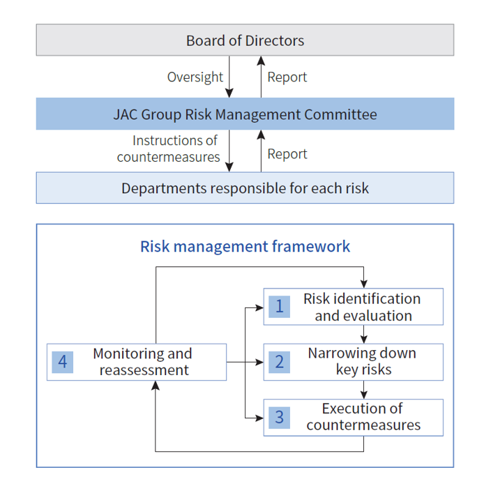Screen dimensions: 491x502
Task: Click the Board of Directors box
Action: pyautogui.click(x=245, y=40)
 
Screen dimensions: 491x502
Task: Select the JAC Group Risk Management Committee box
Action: pyautogui.click(x=245, y=114)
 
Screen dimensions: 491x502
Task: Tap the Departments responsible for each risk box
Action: pyautogui.click(x=245, y=188)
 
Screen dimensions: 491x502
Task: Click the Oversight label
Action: pyautogui.click(x=195, y=77)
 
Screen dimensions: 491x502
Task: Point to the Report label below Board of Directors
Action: pyautogui.click(x=287, y=77)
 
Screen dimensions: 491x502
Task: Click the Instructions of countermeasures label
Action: pyautogui.click(x=169, y=149)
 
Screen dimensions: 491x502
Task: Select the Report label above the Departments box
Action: pyautogui.click(x=287, y=154)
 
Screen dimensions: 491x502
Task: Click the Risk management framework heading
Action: pyautogui.click(x=245, y=246)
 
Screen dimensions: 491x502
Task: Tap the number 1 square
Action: pyautogui.click(x=279, y=306)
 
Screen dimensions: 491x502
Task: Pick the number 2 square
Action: pyautogui.click(x=279, y=362)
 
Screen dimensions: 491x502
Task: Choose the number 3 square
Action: pyautogui.click(x=279, y=418)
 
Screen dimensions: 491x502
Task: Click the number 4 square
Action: pyautogui.click(x=63, y=362)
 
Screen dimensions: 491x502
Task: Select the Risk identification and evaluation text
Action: pyautogui.click(x=362, y=307)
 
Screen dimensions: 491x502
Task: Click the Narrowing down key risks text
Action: pyautogui.click(x=362, y=361)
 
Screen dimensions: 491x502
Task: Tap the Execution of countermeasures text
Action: pyautogui.click(x=363, y=417)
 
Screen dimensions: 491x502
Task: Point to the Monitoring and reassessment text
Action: pyautogui.click(x=143, y=362)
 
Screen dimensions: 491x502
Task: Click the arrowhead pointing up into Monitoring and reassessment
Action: pyautogui.click(x=156, y=385)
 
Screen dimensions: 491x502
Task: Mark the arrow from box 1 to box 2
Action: pyautogui.click(x=363, y=334)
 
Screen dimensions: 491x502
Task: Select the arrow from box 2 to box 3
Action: pyautogui.click(x=363, y=390)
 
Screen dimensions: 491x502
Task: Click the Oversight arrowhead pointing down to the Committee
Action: pyautogui.click(x=229, y=93)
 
